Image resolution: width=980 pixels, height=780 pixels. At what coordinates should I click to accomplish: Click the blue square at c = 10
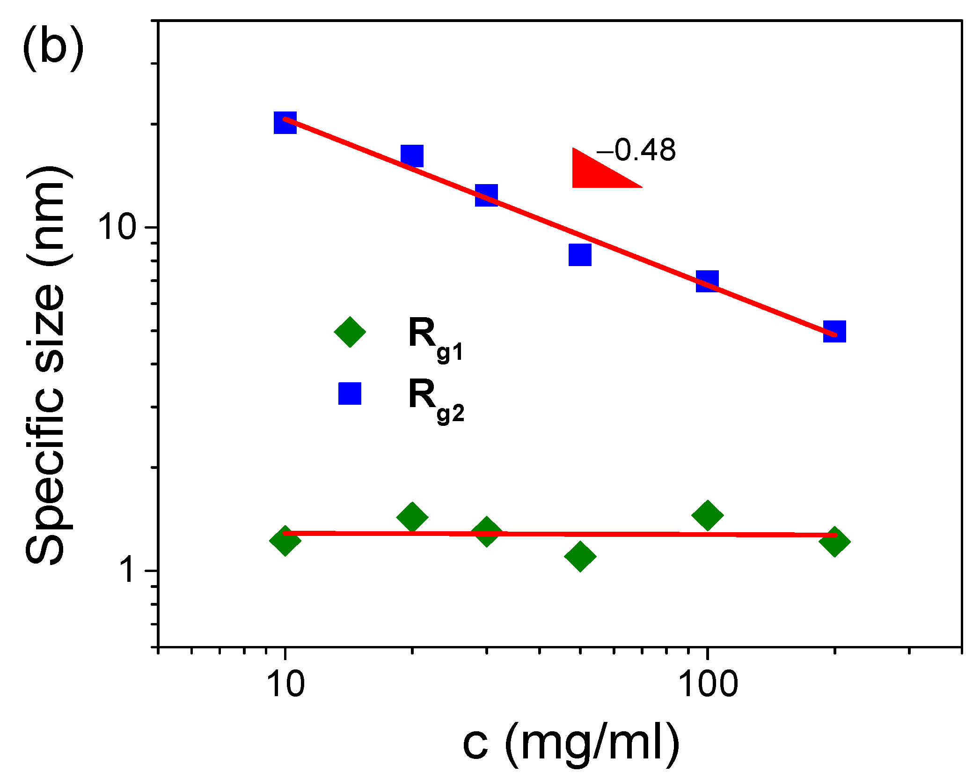point(285,123)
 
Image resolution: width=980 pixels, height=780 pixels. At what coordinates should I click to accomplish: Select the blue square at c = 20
point(412,156)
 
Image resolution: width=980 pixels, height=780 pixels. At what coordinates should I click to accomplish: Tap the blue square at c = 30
point(486,195)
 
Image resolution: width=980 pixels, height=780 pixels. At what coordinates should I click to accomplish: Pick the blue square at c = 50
point(580,255)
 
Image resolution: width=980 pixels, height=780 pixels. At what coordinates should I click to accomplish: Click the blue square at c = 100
point(707,281)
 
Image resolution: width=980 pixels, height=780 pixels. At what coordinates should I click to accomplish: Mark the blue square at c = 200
point(834,332)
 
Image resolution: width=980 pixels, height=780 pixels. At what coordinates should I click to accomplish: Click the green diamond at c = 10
point(285,540)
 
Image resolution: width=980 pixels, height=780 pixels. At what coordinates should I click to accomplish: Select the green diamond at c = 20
point(412,517)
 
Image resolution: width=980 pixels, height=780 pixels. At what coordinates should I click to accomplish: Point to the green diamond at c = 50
point(580,557)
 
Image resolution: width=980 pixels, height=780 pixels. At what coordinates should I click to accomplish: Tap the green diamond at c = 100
point(707,515)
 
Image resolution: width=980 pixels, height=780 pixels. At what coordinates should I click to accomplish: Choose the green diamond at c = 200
point(834,541)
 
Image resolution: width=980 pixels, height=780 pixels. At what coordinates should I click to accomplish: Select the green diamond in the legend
point(350,332)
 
